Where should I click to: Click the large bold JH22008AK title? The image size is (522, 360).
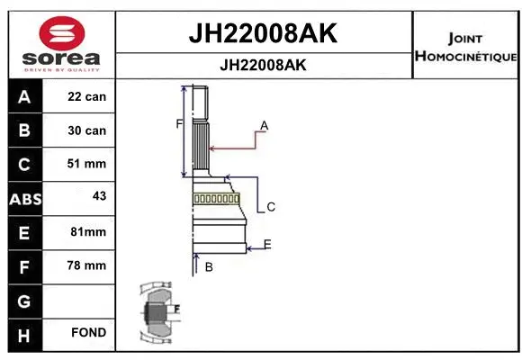click(x=262, y=33)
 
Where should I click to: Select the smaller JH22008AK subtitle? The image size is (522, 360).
click(x=262, y=66)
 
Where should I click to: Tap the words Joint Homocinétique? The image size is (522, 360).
click(x=464, y=48)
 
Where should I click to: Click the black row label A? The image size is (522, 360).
click(x=24, y=96)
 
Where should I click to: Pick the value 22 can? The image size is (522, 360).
click(x=87, y=96)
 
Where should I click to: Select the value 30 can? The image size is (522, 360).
click(x=87, y=130)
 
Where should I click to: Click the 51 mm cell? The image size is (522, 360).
click(x=87, y=164)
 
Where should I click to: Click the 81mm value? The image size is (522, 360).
click(x=87, y=232)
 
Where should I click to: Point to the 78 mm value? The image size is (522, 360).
click(x=87, y=265)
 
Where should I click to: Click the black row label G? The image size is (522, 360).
click(x=24, y=300)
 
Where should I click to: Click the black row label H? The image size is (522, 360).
click(x=24, y=334)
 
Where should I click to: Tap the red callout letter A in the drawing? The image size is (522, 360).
click(x=265, y=125)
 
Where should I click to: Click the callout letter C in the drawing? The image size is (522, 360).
click(x=270, y=207)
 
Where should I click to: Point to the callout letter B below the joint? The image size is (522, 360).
click(x=209, y=266)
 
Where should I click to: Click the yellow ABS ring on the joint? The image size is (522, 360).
click(x=216, y=198)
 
